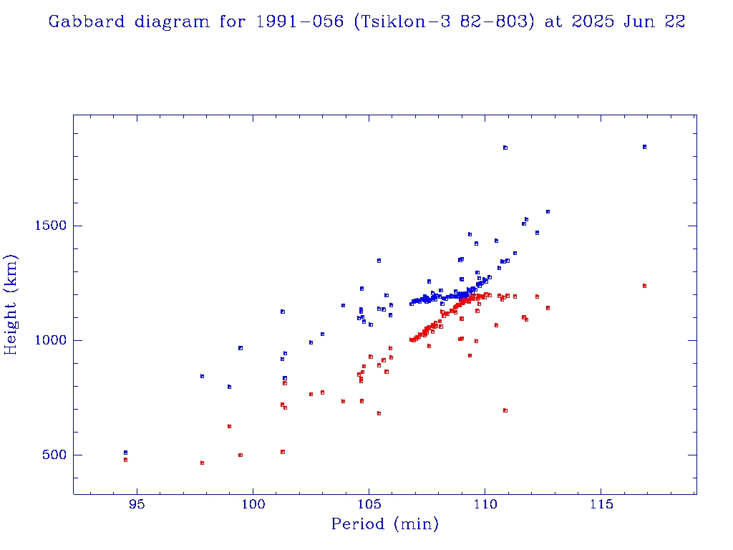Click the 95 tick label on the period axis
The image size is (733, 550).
[x=136, y=503]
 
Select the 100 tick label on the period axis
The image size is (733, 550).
[x=252, y=503]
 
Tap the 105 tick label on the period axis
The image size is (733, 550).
[x=369, y=503]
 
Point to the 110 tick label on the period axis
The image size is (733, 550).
[x=485, y=503]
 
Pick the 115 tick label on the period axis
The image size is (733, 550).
[x=601, y=503]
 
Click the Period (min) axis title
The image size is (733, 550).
[x=384, y=524]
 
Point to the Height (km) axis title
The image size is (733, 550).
[x=11, y=304]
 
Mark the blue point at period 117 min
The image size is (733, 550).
[x=644, y=147]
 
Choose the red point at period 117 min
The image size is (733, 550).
[x=644, y=286]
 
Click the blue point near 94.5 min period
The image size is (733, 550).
[x=125, y=453]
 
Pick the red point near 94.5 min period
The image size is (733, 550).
[x=125, y=460]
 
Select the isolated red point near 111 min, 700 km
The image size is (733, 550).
[x=505, y=410]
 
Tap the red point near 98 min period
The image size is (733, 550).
[x=203, y=463]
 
